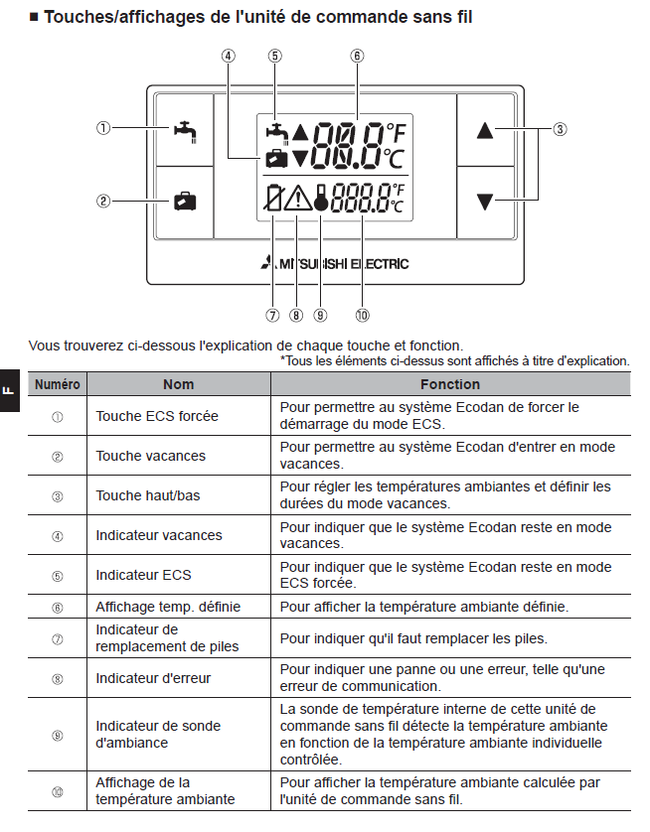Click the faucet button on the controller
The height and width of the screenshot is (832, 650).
(184, 128)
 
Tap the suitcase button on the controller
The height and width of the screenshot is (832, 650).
(184, 202)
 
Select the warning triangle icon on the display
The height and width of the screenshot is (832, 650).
(297, 199)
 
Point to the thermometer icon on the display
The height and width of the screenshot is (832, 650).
(320, 200)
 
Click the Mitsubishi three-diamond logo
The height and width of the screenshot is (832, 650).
(266, 264)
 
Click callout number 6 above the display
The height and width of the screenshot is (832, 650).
(355, 56)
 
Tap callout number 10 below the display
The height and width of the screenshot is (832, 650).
(362, 316)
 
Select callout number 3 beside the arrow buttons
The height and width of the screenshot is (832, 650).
(561, 129)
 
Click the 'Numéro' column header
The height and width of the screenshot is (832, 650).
(59, 384)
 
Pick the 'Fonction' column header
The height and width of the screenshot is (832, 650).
(449, 384)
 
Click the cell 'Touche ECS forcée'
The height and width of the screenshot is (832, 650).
(157, 416)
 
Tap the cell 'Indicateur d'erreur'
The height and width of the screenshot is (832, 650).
(153, 678)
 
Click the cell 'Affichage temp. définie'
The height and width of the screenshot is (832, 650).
(168, 606)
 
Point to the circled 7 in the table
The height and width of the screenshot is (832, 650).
(58, 638)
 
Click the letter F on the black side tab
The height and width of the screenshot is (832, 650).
(9, 390)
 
